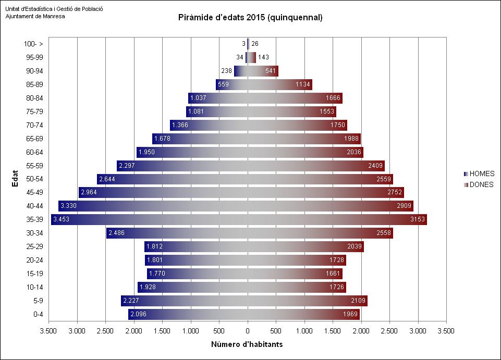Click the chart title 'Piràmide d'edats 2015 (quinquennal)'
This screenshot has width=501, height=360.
250,18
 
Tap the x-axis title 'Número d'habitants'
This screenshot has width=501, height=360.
247,345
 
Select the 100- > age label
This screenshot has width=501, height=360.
34,44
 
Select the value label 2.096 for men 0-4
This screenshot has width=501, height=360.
138,314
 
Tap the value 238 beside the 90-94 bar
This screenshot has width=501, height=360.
227,71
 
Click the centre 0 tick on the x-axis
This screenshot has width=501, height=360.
248,330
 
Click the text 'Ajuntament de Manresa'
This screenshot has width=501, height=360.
32,16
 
